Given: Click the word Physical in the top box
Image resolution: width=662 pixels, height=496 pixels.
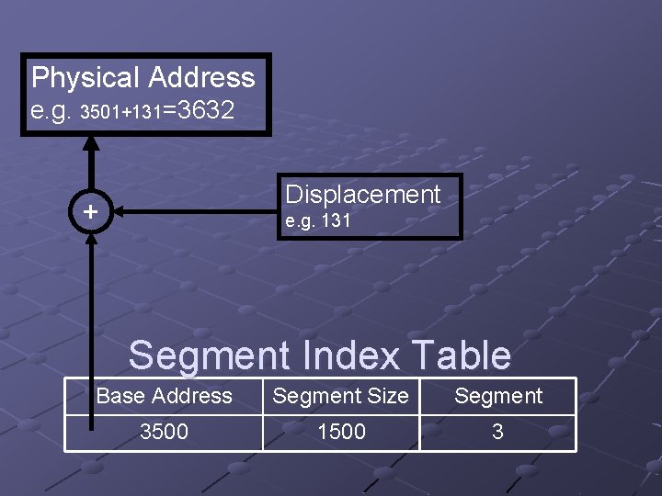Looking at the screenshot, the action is coord(85,77).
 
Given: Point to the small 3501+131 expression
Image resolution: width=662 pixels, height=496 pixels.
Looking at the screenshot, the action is coord(121,114).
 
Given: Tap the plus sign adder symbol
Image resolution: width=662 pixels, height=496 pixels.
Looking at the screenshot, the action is coord(90,212).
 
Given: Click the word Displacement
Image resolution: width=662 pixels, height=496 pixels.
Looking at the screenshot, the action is coord(363,194).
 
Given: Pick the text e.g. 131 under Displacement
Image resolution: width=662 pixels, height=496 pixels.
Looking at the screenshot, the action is coord(318,221).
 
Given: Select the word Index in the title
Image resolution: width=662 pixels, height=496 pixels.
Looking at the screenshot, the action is coord(348,355).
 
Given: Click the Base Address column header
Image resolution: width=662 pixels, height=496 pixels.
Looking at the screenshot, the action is coord(165,396).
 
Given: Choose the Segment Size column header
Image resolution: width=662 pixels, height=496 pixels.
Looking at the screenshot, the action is coord(341,396).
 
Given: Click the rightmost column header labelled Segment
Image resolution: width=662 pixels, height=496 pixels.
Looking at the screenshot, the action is coord(498,396).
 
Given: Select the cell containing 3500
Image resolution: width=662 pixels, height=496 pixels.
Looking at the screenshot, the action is coord(164,432).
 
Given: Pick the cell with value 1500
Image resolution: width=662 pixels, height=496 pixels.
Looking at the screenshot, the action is coord(341,432).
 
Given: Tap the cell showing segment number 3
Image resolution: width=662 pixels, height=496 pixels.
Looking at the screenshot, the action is coord(497,432).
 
